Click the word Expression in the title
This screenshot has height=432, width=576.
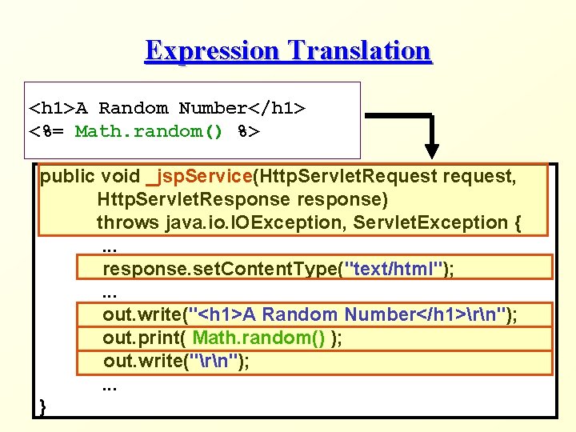(x=213, y=50)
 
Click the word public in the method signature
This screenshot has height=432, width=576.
(x=67, y=176)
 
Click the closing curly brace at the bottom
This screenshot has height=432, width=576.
(x=42, y=407)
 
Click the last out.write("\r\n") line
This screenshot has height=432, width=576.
(x=176, y=361)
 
